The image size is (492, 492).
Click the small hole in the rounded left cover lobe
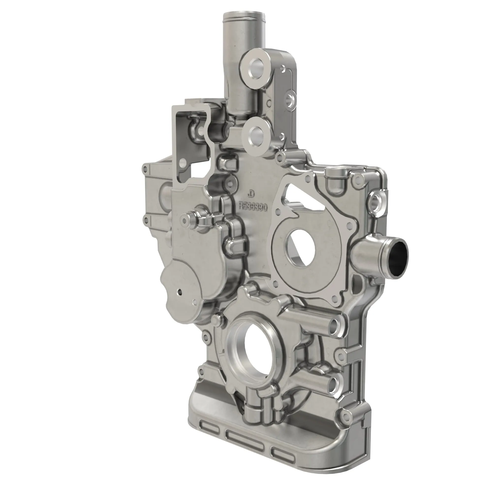[180, 292]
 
